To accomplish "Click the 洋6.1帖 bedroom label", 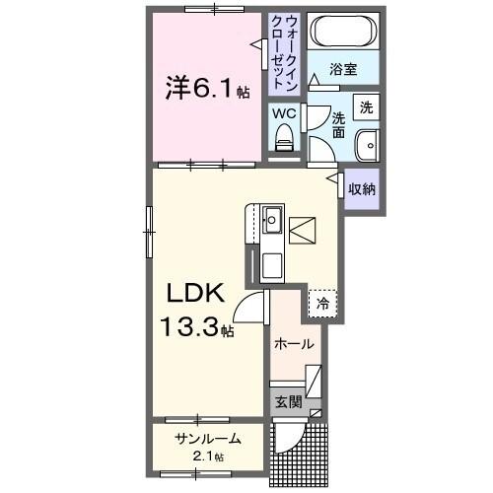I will pos(206,90).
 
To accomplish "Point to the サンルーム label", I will pos(208,440).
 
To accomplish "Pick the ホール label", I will pos(295,345).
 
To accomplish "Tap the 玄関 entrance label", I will pos(287,401).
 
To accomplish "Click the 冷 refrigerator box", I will pos(322,304).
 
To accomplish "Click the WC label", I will pos(284,113).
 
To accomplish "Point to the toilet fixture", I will pos(284,142).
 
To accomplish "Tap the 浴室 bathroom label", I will pos(342,71).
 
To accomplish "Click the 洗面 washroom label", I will pos(337,124).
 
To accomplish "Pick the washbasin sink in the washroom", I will pos(367,143).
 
